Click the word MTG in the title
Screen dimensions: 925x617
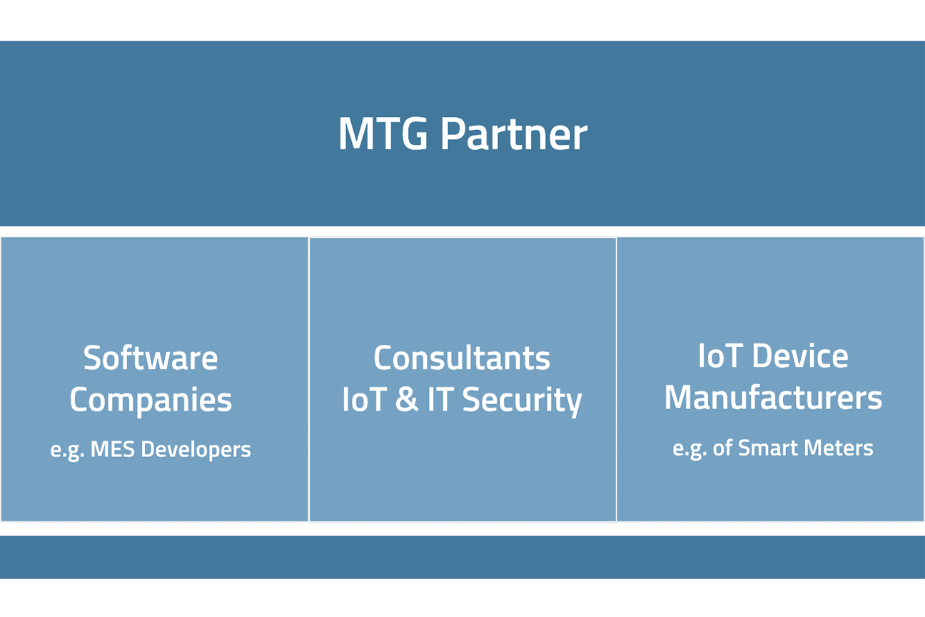tap(383, 133)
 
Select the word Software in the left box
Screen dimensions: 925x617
tap(151, 358)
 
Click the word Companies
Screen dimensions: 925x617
tap(151, 400)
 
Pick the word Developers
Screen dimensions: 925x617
tap(196, 450)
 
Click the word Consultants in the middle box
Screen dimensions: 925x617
tap(462, 358)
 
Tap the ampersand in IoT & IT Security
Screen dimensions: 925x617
tap(406, 399)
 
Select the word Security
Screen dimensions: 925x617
tap(522, 400)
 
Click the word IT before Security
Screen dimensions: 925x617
tap(440, 399)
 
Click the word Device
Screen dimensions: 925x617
tap(800, 356)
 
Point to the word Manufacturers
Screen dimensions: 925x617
tap(773, 397)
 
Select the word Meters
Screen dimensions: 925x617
tap(839, 448)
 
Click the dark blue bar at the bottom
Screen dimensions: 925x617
tap(462, 557)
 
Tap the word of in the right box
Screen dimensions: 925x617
tap(722, 448)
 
